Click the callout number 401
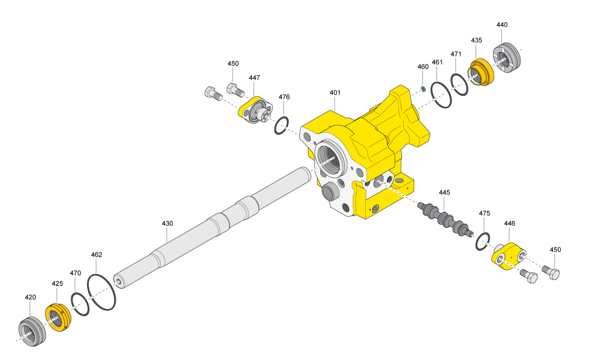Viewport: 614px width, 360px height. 335,92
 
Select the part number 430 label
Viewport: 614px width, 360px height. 167,223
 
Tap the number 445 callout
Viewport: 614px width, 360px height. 445,192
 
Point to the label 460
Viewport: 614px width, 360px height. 423,67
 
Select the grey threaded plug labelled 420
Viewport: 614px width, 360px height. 32,331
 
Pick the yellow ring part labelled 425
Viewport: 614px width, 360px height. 58,317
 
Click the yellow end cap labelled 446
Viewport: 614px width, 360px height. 508,256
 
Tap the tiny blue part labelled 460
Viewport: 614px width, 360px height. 424,89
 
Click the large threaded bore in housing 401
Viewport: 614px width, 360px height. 331,158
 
